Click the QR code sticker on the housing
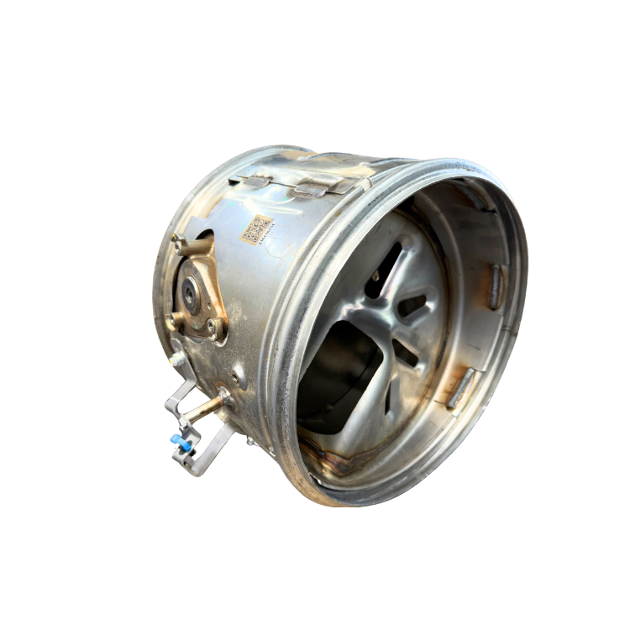point(256,228)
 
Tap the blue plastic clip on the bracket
point(178,439)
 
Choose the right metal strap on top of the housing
point(318,186)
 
